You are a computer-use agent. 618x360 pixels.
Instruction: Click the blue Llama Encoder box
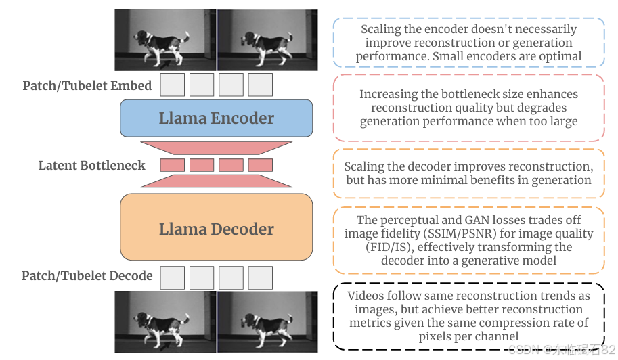click(217, 118)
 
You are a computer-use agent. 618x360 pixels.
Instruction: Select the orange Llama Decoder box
click(217, 229)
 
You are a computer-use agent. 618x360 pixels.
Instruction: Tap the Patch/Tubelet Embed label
click(87, 86)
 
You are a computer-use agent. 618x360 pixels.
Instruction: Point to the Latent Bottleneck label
click(91, 165)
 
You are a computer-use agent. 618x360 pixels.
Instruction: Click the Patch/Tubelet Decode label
click(87, 276)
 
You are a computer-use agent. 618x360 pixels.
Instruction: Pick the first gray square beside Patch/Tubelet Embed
click(173, 85)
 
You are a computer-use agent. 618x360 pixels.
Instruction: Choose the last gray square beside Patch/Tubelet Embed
click(260, 85)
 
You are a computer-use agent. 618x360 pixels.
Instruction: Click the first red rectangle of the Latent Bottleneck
click(173, 165)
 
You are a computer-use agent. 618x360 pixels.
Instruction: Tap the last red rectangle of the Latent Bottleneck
click(260, 165)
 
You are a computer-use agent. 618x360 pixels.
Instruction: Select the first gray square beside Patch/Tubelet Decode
click(173, 277)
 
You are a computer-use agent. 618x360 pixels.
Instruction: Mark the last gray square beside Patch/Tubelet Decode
click(260, 277)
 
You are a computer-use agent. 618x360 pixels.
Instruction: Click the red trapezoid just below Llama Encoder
click(217, 148)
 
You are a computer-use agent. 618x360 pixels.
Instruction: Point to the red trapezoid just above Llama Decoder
click(217, 181)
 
